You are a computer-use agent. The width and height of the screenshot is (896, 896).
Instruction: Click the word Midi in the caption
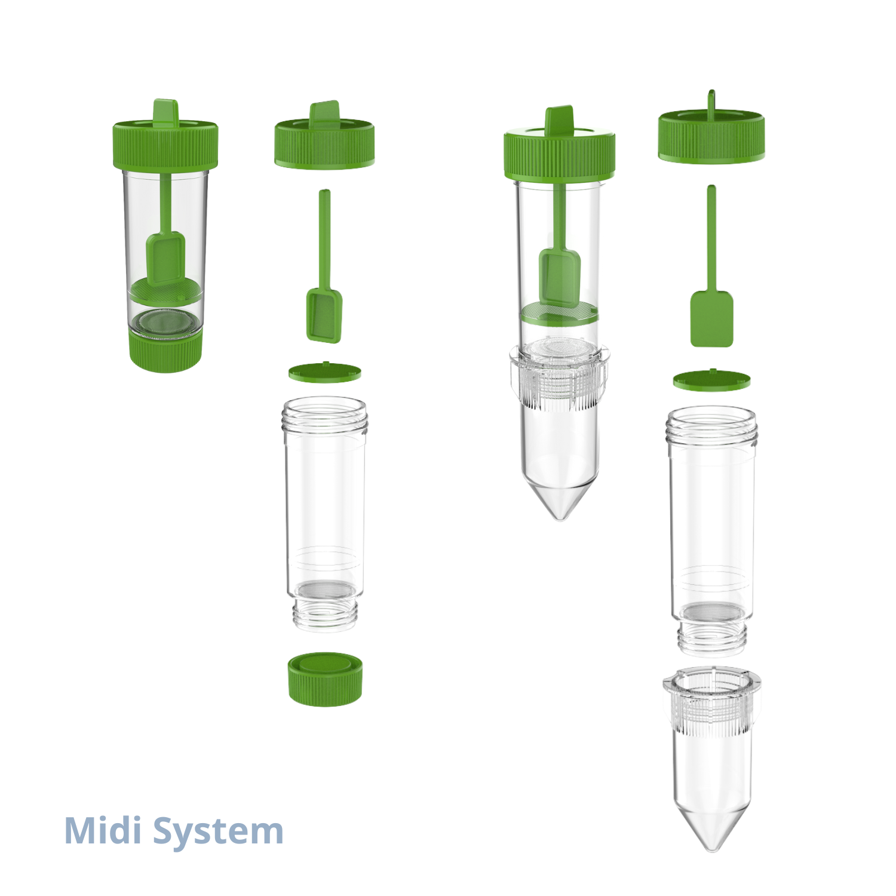[102, 830]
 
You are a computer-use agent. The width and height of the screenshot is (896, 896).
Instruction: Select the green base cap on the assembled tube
[165, 353]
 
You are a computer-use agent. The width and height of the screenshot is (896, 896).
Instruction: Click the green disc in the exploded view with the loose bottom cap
[325, 373]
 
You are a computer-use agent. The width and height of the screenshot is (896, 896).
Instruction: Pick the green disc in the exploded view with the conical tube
[711, 380]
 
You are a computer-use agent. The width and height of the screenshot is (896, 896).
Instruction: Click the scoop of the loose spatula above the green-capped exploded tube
[324, 315]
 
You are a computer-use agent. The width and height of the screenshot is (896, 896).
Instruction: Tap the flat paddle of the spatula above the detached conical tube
[711, 318]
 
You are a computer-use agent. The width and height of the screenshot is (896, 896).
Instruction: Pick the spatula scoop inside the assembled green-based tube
[165, 258]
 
